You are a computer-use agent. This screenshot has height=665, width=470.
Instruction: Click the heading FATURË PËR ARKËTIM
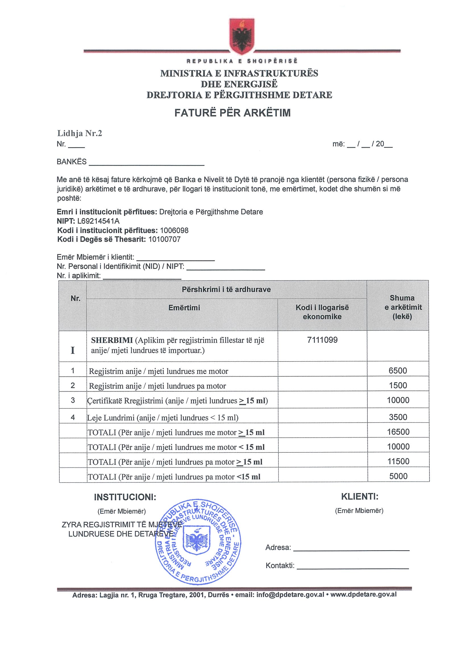(x=232, y=113)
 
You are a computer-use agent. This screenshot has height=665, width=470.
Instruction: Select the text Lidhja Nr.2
(x=80, y=133)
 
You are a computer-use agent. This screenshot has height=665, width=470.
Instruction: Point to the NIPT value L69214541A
(x=98, y=221)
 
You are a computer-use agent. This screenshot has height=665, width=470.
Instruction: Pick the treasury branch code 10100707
(x=164, y=239)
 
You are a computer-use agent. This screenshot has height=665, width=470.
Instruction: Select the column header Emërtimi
(x=184, y=307)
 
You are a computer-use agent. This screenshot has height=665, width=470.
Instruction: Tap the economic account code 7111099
(x=322, y=340)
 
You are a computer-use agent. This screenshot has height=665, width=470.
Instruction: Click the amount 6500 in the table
(x=398, y=371)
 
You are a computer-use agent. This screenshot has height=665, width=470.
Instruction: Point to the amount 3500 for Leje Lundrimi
(x=398, y=417)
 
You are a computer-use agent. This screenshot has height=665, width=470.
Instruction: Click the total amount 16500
(x=398, y=432)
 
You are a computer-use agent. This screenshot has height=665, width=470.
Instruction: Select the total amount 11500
(x=398, y=462)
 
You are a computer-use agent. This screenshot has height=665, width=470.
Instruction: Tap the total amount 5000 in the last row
(x=398, y=476)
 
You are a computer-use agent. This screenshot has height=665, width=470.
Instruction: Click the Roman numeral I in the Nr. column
(x=73, y=350)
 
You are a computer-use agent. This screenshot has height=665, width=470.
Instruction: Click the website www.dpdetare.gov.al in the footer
(x=363, y=595)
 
